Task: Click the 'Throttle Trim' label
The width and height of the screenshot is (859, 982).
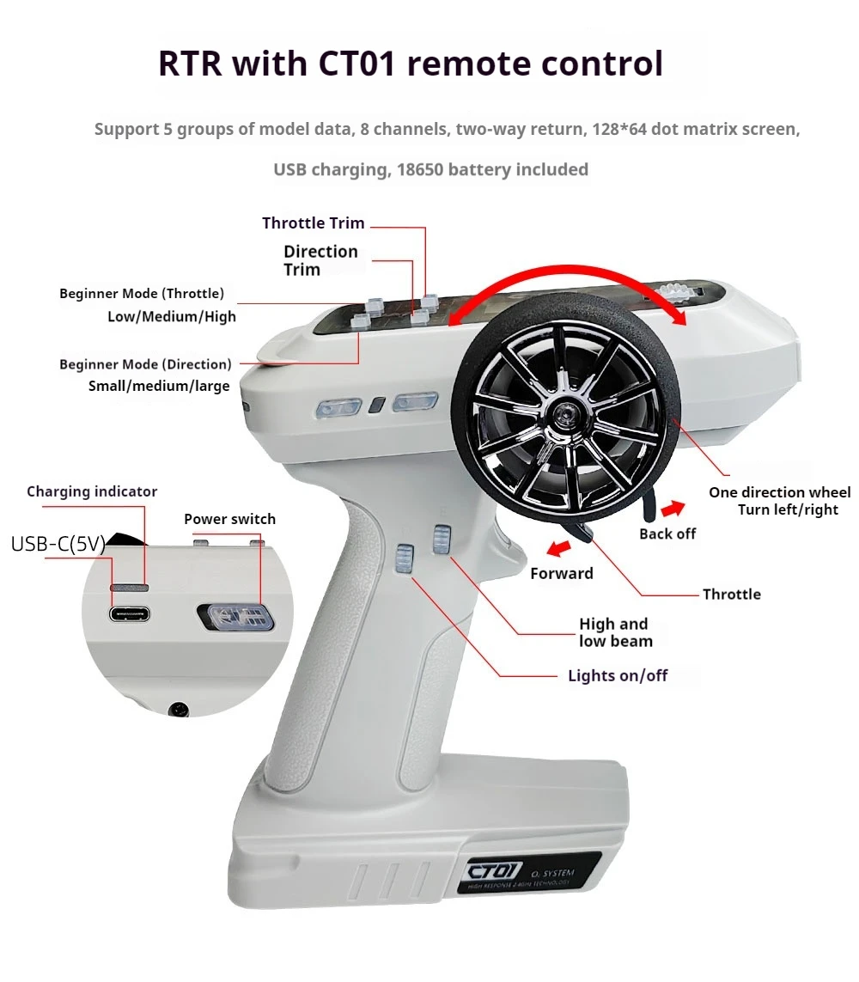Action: [x=313, y=223]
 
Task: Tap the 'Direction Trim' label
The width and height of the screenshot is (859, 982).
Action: [x=320, y=260]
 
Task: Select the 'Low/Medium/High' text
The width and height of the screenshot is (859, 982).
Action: [x=171, y=316]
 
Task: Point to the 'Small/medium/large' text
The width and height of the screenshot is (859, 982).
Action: [x=159, y=386]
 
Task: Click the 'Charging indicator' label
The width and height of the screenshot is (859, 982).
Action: [x=92, y=491]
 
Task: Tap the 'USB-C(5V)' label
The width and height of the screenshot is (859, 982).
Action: [x=58, y=544]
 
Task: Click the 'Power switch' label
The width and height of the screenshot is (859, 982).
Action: [x=229, y=519]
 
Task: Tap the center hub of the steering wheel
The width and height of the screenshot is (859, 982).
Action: [x=568, y=415]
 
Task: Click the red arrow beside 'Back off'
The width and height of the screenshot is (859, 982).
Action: [x=673, y=508]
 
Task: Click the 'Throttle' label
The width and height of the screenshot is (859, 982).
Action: [x=731, y=594]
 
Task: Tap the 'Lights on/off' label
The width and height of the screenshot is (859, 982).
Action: [x=618, y=675]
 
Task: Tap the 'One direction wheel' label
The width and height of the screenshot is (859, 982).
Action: [x=779, y=492]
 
